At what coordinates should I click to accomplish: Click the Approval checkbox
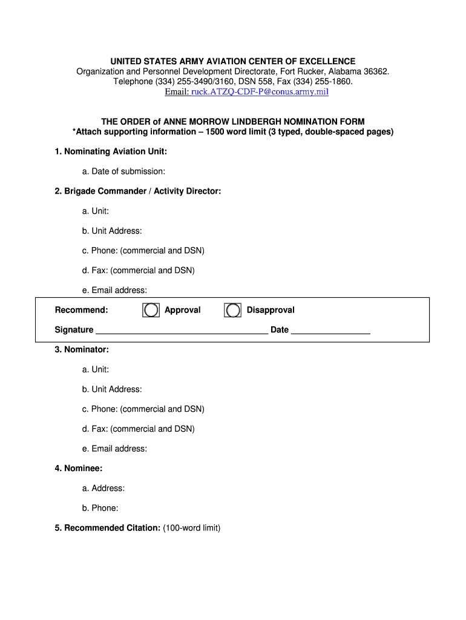click(x=151, y=310)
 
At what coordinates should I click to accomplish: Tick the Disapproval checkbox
click(x=232, y=310)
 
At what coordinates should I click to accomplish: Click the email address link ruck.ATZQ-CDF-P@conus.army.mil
click(x=260, y=91)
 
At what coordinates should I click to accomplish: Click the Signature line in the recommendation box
click(x=182, y=329)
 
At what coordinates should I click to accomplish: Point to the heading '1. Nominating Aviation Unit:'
click(x=111, y=151)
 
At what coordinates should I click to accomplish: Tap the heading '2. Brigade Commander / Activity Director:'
click(x=138, y=191)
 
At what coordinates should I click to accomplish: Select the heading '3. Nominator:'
click(x=82, y=349)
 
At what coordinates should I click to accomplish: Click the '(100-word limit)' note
click(x=192, y=528)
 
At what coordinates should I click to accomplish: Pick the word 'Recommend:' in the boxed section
click(x=82, y=310)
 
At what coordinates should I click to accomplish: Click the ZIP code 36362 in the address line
click(x=375, y=71)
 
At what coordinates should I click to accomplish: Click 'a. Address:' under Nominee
click(x=103, y=488)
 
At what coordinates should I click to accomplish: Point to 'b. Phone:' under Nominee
click(x=100, y=508)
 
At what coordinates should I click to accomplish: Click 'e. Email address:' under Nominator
click(x=115, y=449)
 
